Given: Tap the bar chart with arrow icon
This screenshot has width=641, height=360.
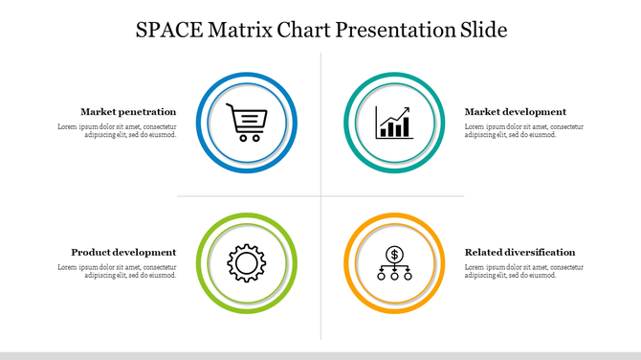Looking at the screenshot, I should pos(394,123).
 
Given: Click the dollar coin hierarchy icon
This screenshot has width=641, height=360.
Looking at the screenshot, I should pos(394,263).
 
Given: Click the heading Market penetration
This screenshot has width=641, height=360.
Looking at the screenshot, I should pos(128,112).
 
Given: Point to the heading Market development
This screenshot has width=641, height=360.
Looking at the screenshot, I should pos(515,112).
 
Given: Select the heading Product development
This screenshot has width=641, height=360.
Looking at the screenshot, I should pos(123,252).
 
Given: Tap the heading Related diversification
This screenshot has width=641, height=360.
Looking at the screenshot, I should pos(519,252).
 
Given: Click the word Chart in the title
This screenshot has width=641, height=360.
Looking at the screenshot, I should pos(302,30).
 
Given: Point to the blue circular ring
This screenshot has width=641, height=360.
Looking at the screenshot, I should pos(200,123).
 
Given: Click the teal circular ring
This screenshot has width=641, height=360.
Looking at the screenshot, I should pos(348,123).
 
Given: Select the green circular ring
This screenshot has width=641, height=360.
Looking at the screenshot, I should pos(200,262).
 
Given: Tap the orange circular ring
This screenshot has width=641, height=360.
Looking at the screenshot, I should pos(348,262).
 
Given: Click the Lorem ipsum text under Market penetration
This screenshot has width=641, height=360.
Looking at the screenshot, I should pos(118,131).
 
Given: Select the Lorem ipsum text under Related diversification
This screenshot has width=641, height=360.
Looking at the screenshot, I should pos(523,271).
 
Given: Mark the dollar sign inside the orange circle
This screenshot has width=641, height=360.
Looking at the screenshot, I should pos(394,254).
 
